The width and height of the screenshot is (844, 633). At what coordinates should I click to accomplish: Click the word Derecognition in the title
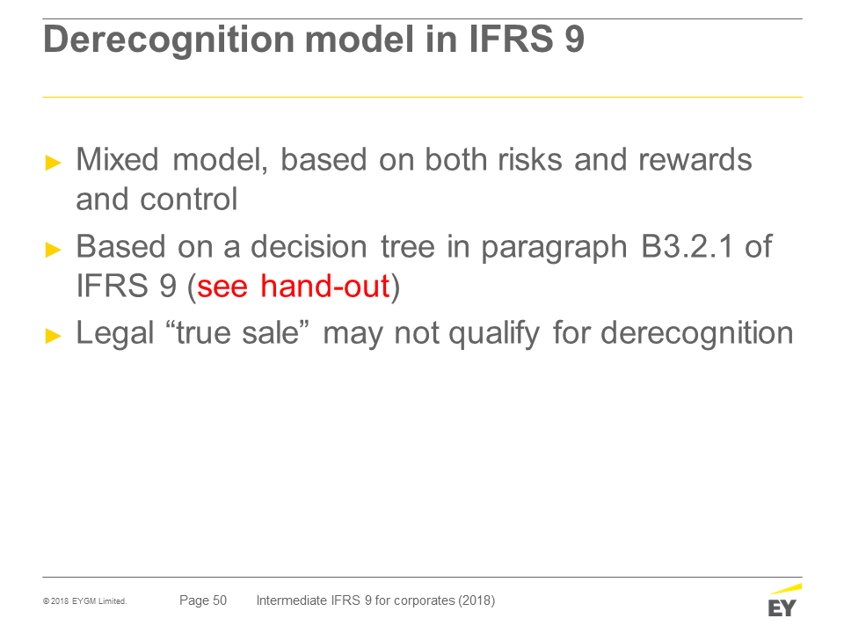coord(169,40)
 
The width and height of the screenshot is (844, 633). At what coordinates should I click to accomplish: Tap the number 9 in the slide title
coord(574,40)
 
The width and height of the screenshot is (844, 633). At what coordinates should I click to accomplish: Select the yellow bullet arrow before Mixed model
coord(54,162)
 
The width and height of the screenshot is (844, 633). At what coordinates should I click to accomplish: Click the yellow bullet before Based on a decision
coord(54,249)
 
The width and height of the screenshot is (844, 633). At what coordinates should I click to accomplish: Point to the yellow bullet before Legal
coord(54,336)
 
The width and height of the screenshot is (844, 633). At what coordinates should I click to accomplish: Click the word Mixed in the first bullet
coord(117,159)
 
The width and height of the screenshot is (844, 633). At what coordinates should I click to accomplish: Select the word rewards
coord(695,160)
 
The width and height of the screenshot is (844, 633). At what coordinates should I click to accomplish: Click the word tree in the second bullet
coord(407,246)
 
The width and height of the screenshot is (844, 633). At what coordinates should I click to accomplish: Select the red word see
coord(222,287)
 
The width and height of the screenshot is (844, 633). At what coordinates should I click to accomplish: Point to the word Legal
coord(115,332)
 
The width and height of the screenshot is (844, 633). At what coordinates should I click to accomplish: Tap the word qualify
coord(494,333)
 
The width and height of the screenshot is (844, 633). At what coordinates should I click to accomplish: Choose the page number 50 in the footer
coord(220,600)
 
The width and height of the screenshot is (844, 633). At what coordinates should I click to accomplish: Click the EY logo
coord(783,600)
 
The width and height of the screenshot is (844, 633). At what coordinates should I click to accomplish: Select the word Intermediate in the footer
coord(291,600)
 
